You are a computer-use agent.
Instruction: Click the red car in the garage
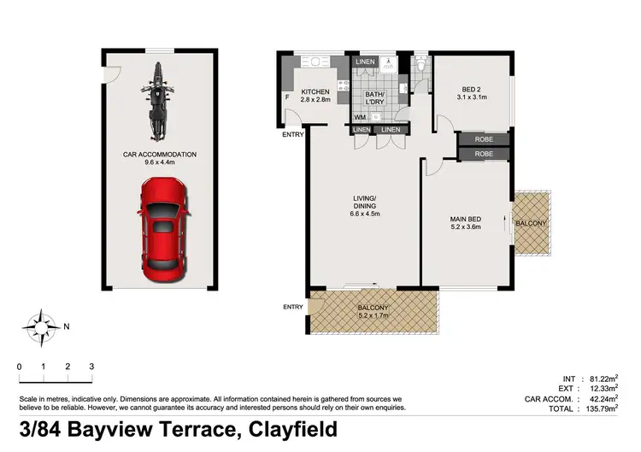pyautogui.click(x=162, y=224)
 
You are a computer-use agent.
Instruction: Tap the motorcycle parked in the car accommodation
pyautogui.click(x=156, y=100)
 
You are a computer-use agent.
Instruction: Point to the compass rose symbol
pyautogui.click(x=41, y=326)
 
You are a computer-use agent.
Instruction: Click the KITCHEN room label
pyautogui.click(x=315, y=91)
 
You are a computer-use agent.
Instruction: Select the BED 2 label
pyautogui.click(x=473, y=89)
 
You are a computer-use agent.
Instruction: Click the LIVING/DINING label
pyautogui.click(x=364, y=203)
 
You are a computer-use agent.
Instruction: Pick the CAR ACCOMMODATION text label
pyautogui.click(x=159, y=155)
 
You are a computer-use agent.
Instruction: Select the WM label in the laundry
pyautogui.click(x=359, y=115)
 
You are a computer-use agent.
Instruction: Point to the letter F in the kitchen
pyautogui.click(x=287, y=97)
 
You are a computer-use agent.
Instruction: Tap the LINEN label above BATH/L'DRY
pyautogui.click(x=365, y=62)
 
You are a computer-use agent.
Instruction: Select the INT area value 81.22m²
pyautogui.click(x=605, y=378)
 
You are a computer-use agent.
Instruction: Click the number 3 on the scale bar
pyautogui.click(x=91, y=367)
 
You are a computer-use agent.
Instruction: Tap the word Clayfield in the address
pyautogui.click(x=292, y=428)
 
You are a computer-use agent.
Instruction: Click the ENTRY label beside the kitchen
pyautogui.click(x=292, y=134)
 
